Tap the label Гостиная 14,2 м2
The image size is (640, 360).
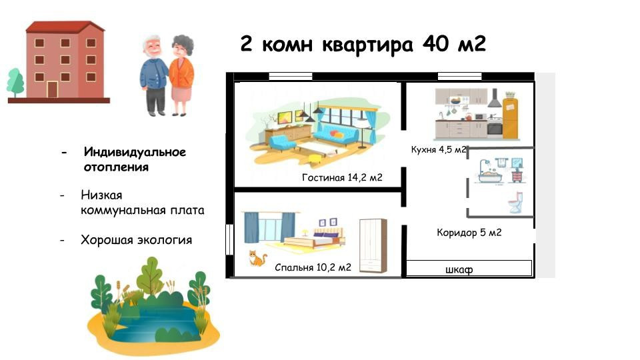341,177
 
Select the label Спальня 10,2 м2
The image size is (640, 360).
313,268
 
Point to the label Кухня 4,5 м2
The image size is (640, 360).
438,150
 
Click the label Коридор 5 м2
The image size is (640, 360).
469,233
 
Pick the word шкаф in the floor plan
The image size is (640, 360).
459,269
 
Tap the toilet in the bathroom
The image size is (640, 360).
515,203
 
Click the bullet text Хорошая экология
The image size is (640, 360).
136,240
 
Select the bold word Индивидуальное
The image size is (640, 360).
135,152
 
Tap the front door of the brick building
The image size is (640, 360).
52,89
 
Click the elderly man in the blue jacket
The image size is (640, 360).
154,75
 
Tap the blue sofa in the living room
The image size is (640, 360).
336,135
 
